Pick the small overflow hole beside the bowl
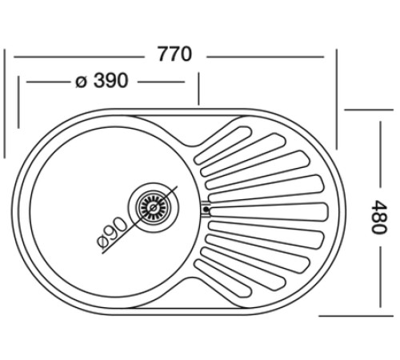pyautogui.click(x=206, y=210)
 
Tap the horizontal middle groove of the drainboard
pyautogui.click(x=268, y=210)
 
